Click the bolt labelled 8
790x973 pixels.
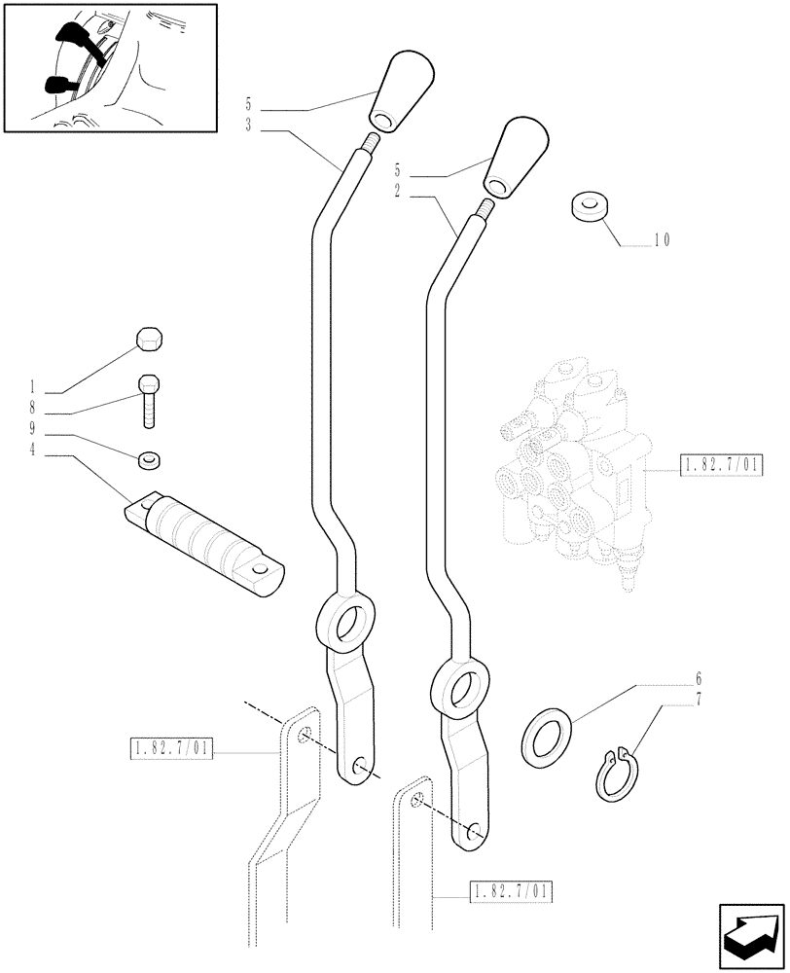[149, 398]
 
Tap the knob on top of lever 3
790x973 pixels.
[393, 92]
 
